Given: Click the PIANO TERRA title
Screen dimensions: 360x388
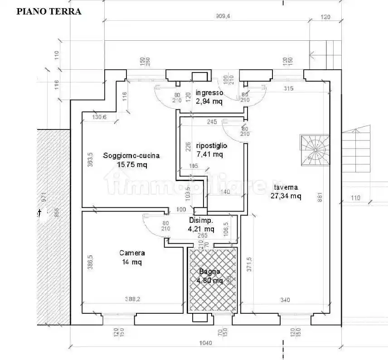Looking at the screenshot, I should coord(49,12).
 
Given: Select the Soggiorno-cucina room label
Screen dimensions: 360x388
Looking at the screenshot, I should coord(131,155).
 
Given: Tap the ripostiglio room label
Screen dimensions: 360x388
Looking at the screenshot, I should coord(211,146).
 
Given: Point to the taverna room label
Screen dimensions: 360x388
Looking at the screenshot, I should coord(286,187).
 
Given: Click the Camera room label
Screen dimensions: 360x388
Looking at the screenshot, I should coord(132,253).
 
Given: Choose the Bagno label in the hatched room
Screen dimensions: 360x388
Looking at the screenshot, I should coord(209,272).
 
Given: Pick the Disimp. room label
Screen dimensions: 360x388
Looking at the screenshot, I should coord(201,221).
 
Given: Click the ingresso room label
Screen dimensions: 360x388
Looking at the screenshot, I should coord(209,93).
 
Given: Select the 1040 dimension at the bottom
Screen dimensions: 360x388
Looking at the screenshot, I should coord(205,343).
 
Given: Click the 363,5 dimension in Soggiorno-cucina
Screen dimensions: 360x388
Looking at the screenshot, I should coord(90,160).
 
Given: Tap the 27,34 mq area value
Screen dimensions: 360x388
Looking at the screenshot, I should coord(286,196).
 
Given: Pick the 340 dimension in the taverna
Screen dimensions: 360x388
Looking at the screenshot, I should coord(285,299).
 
